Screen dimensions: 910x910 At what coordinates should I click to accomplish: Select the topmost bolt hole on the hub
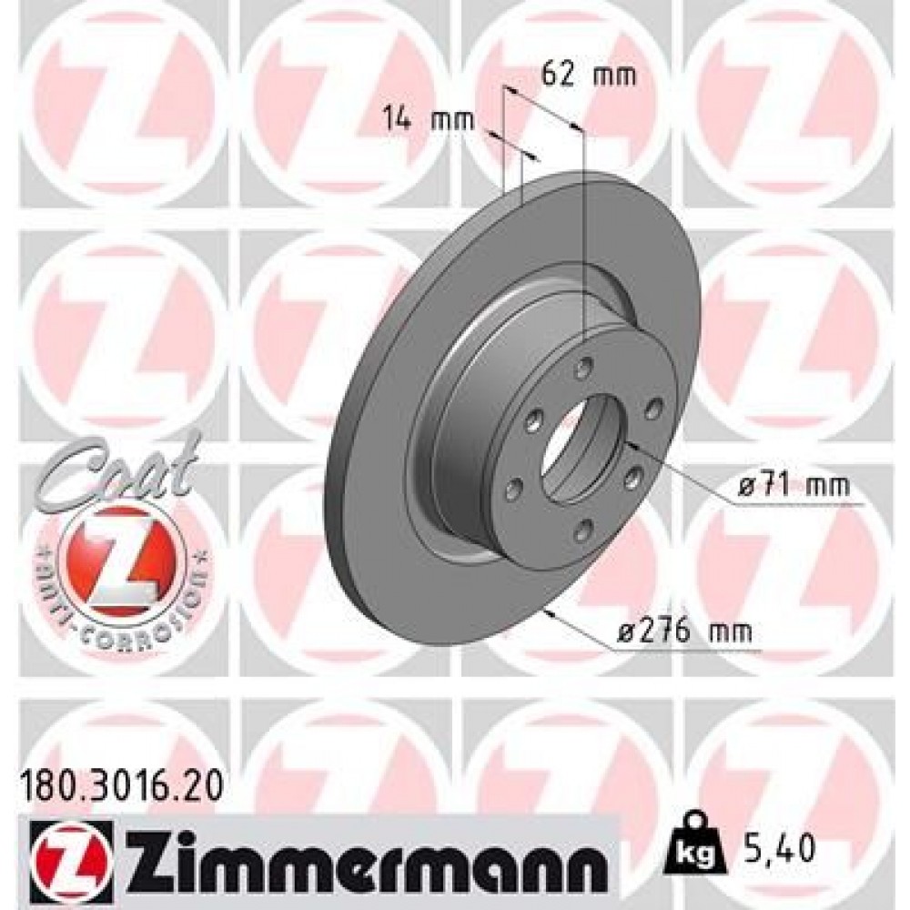click(584, 368)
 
